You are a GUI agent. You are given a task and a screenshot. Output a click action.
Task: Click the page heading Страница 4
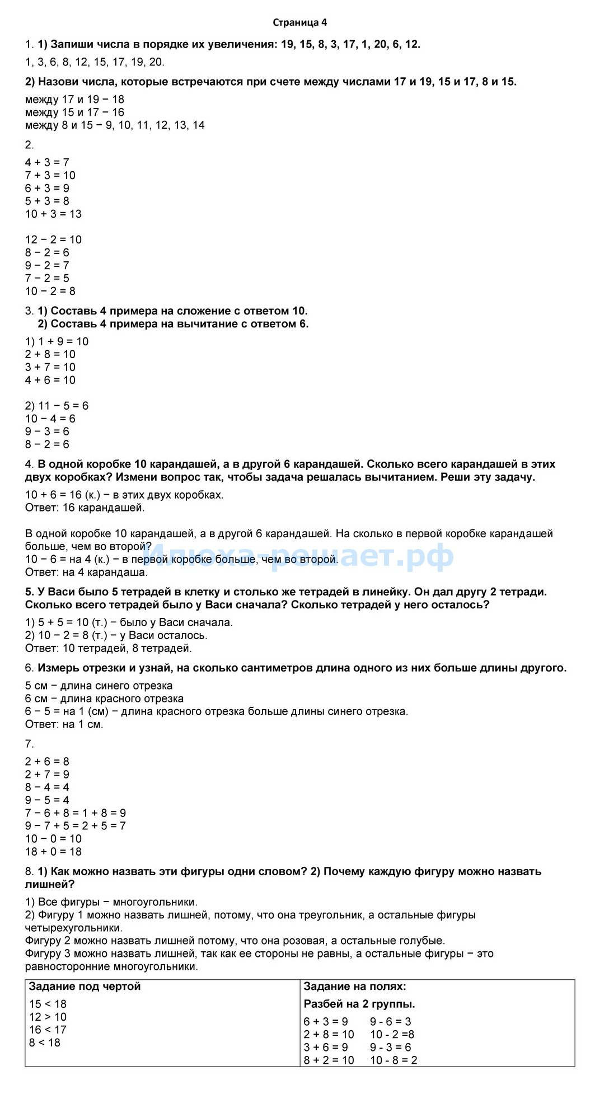(x=299, y=22)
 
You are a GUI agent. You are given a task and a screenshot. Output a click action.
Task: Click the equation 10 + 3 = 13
(x=53, y=214)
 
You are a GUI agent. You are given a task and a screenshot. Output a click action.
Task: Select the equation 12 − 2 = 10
(x=53, y=240)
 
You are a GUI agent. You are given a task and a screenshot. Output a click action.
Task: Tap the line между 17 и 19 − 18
(x=74, y=100)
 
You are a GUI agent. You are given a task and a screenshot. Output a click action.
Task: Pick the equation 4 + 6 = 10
(x=50, y=380)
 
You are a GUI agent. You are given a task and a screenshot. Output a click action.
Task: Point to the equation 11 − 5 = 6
(x=57, y=406)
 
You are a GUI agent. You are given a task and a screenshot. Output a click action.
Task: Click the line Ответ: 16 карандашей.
(x=85, y=508)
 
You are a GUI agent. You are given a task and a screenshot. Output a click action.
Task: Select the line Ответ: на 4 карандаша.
(x=87, y=572)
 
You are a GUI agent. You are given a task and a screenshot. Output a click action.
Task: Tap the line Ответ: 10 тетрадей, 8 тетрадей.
(x=109, y=648)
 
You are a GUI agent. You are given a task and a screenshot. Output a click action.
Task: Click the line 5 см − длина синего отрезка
(x=99, y=686)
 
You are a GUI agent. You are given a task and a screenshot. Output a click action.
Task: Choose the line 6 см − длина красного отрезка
(x=104, y=698)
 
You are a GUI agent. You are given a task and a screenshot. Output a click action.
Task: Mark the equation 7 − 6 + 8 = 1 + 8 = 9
(x=76, y=813)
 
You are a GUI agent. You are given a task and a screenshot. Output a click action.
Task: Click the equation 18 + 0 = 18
(x=53, y=851)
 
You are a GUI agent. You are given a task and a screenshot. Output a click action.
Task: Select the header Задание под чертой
(x=85, y=986)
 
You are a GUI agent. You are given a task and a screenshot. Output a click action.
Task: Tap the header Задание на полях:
(x=354, y=986)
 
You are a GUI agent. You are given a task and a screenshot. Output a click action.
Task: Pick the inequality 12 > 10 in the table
(x=48, y=1017)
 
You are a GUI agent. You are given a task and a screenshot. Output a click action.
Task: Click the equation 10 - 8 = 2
(x=393, y=1060)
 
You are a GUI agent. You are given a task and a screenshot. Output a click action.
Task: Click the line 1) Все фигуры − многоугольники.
(x=111, y=902)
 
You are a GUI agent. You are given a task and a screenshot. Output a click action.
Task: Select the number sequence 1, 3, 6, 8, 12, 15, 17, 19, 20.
(x=95, y=62)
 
